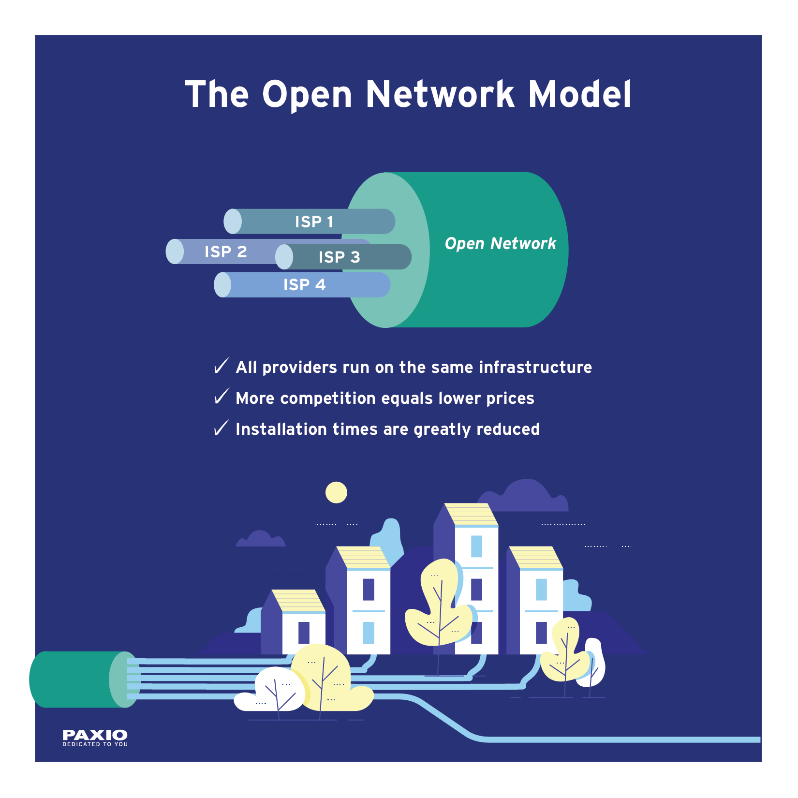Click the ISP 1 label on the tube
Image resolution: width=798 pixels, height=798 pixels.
click(x=314, y=222)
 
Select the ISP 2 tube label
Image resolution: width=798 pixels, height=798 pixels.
click(x=225, y=251)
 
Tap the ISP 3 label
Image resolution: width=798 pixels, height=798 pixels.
click(x=339, y=257)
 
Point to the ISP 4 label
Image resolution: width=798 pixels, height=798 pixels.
click(x=304, y=284)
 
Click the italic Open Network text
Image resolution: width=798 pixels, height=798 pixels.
click(x=500, y=243)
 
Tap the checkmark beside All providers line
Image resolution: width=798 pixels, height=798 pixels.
click(x=221, y=366)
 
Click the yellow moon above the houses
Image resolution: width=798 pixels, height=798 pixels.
click(x=336, y=492)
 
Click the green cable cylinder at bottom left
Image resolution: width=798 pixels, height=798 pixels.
click(x=73, y=679)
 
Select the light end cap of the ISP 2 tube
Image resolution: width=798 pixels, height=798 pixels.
click(x=175, y=251)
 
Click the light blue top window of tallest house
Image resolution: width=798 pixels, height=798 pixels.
click(x=476, y=546)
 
